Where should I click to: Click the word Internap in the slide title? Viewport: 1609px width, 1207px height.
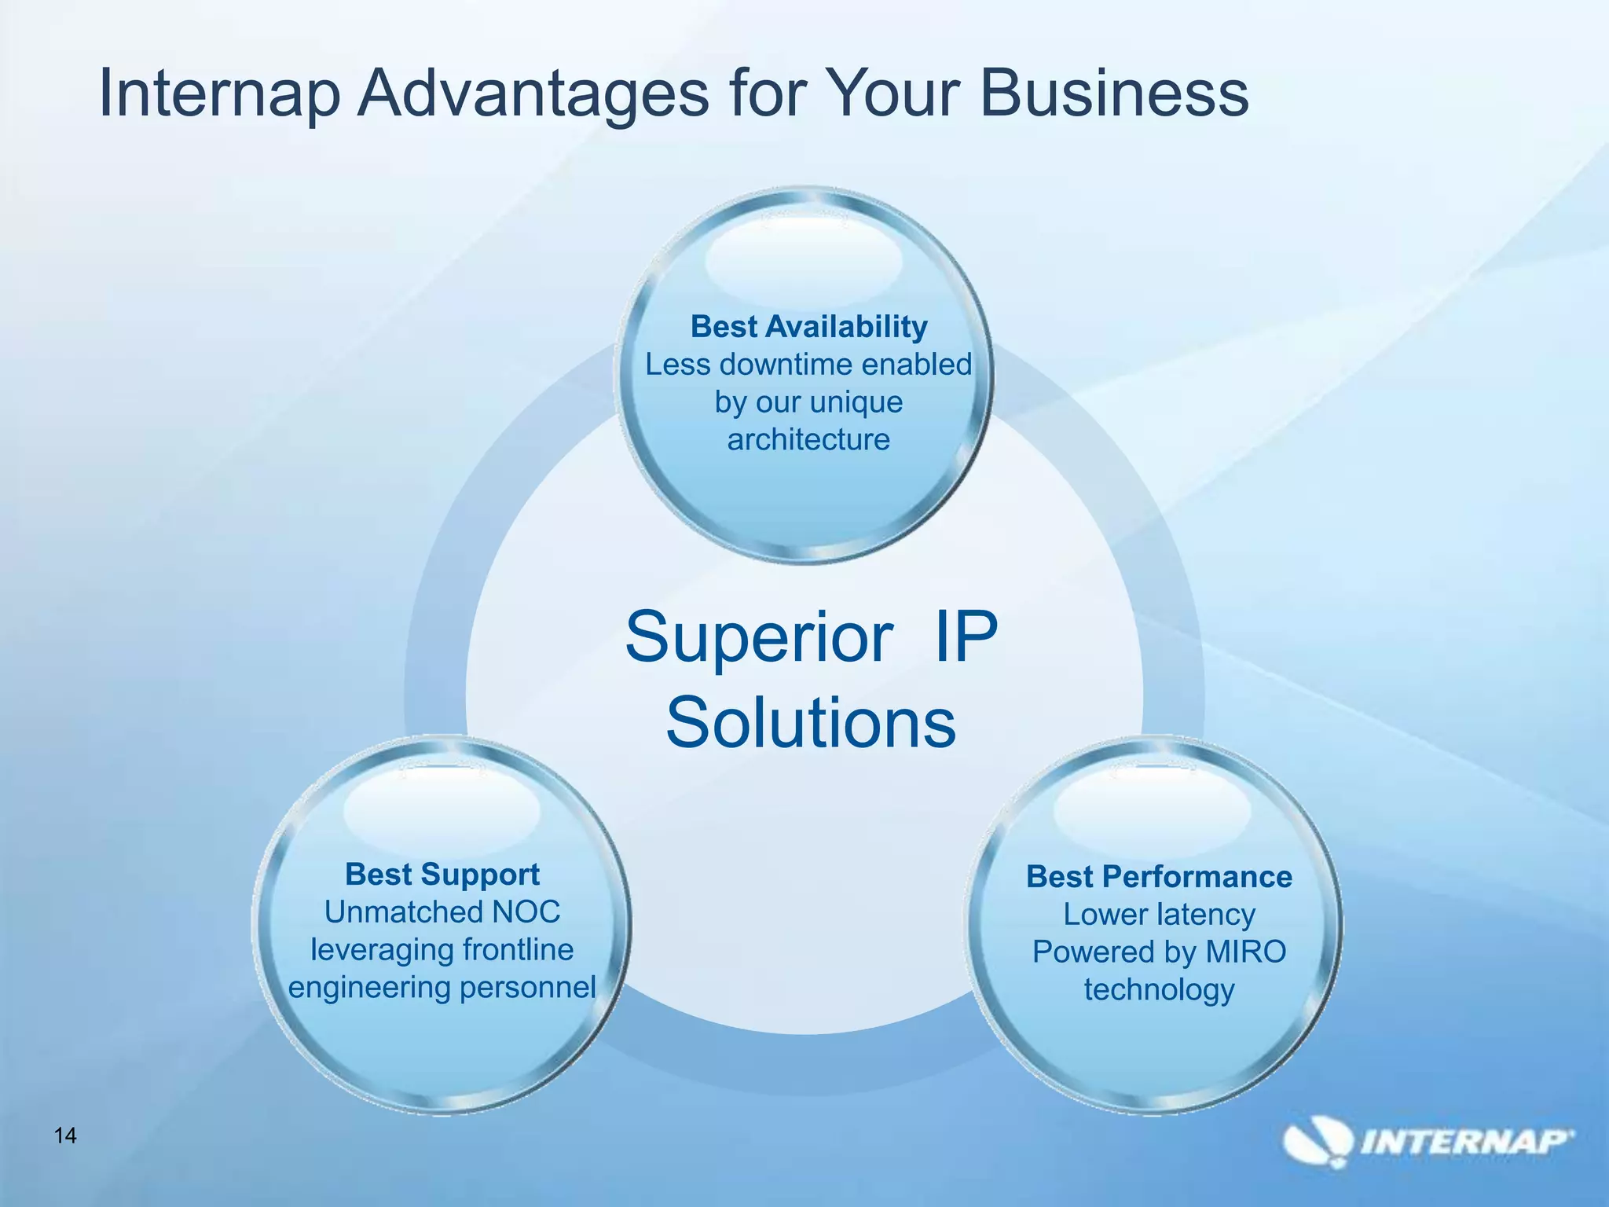(x=219, y=94)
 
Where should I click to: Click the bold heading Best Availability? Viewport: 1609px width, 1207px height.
(x=808, y=327)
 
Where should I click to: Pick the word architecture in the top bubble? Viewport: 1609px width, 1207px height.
(x=808, y=439)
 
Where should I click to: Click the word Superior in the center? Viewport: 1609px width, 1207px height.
(x=759, y=637)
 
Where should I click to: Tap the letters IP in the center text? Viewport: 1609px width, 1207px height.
(x=966, y=637)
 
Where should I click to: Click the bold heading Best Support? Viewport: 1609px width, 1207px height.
(x=442, y=875)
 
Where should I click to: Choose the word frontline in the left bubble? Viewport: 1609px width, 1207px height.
(x=518, y=950)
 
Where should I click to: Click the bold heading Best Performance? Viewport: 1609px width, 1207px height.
(x=1159, y=877)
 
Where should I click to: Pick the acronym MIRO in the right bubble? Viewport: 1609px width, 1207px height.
(x=1246, y=952)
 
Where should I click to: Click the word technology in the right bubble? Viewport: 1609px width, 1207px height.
(x=1159, y=990)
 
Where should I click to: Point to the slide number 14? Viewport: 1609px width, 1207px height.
(x=65, y=1135)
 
